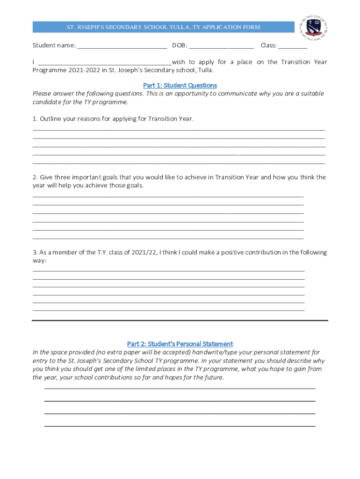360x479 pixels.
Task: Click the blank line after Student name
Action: [x=122, y=47]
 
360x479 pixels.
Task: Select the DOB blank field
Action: [x=222, y=47]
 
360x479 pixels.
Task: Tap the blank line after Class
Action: [x=293, y=47]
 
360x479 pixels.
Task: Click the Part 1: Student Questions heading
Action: [x=180, y=85]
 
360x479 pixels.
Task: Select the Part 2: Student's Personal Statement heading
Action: [x=180, y=344]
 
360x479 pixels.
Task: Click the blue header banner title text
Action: [x=163, y=27]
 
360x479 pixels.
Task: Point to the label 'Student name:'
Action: [x=54, y=45]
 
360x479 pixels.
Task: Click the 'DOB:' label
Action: [x=180, y=45]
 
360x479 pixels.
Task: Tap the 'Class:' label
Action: [x=268, y=45]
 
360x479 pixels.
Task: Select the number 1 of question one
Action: [x=35, y=119]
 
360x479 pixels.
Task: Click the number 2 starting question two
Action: [x=35, y=177]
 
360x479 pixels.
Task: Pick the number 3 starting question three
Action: [x=35, y=253]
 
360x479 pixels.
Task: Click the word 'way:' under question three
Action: [x=39, y=261]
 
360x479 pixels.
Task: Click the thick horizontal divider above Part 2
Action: [x=180, y=320]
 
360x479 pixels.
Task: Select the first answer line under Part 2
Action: [x=180, y=388]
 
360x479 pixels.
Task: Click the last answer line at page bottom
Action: [x=180, y=426]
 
